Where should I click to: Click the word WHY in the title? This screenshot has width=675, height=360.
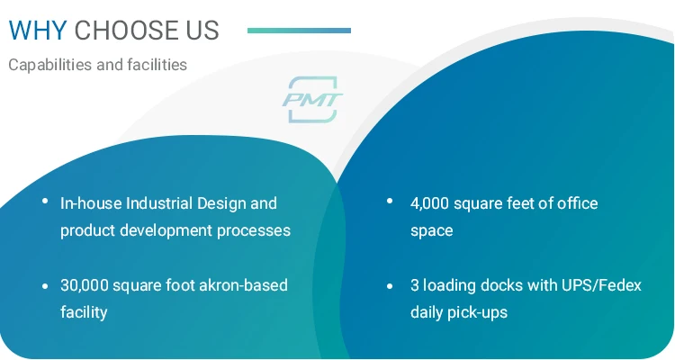pyautogui.click(x=38, y=30)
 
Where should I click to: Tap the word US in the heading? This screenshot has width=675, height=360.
pyautogui.click(x=202, y=30)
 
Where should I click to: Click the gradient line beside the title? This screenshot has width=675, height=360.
pyautogui.click(x=299, y=31)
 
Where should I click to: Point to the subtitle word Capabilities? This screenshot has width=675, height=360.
pyautogui.click(x=50, y=65)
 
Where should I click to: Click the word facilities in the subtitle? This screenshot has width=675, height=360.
pyautogui.click(x=157, y=65)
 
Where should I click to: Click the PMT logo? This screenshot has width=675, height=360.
pyautogui.click(x=312, y=100)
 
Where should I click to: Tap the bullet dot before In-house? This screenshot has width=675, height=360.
pyautogui.click(x=45, y=200)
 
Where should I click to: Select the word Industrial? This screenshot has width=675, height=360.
pyautogui.click(x=158, y=202)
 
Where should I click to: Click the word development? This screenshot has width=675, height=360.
pyautogui.click(x=166, y=230)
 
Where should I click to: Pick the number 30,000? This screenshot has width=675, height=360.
pyautogui.click(x=85, y=285)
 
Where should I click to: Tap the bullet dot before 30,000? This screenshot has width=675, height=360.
pyautogui.click(x=45, y=286)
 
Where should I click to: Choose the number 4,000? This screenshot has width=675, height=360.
pyautogui.click(x=430, y=203)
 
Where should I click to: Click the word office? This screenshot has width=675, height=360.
pyautogui.click(x=577, y=202)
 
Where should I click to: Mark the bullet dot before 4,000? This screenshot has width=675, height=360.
pyautogui.click(x=390, y=200)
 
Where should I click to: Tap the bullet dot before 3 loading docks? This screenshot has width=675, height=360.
pyautogui.click(x=390, y=286)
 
